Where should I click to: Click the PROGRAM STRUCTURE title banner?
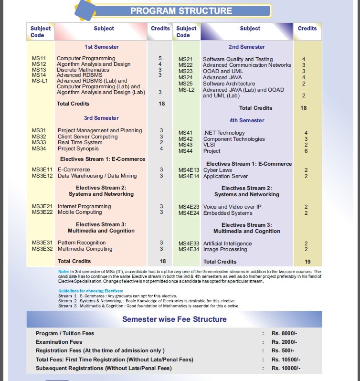(x=181, y=11)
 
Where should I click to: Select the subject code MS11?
(x=39, y=58)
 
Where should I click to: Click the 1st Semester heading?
(x=101, y=47)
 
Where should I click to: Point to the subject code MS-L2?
(x=186, y=90)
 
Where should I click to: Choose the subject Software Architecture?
(x=229, y=84)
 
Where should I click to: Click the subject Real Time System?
(x=80, y=142)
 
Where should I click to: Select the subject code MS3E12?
(x=42, y=176)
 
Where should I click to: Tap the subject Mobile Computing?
(x=80, y=212)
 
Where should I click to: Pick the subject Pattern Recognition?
(x=82, y=243)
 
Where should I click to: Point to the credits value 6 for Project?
(x=306, y=151)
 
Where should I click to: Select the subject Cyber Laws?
(x=217, y=170)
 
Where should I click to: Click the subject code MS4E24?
(x=189, y=213)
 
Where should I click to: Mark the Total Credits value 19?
(x=307, y=262)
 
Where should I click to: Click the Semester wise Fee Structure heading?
(x=174, y=319)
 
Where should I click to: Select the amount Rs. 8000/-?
(x=284, y=333)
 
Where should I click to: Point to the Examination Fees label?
(x=59, y=342)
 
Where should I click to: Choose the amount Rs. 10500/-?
(x=286, y=359)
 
